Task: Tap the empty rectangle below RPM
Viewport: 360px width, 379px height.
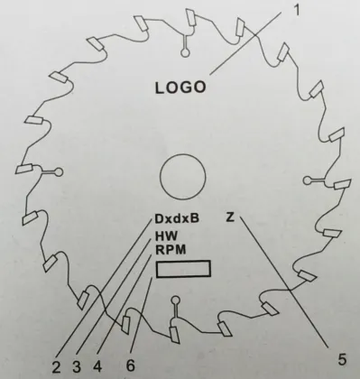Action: coord(183,270)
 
